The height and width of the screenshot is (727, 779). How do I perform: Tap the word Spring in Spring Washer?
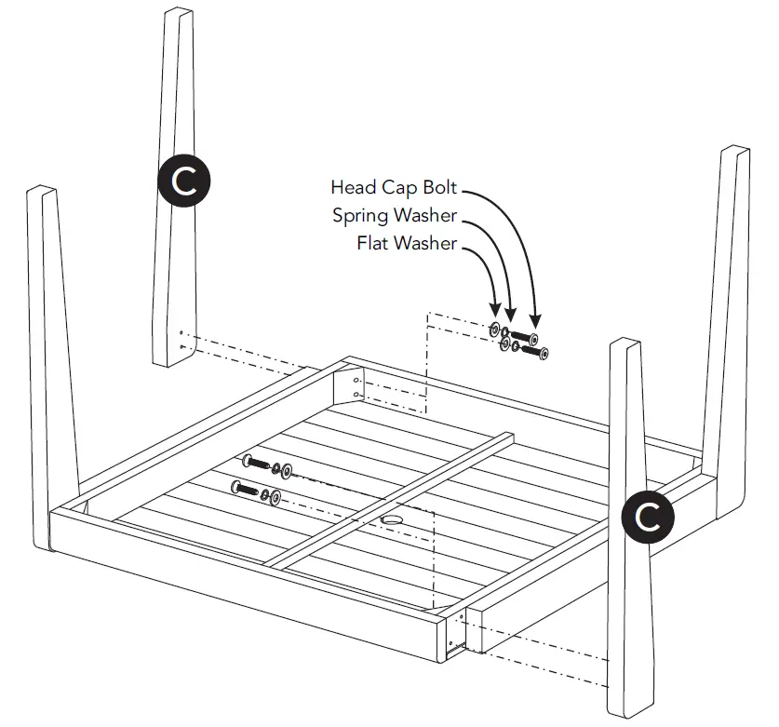[x=359, y=216]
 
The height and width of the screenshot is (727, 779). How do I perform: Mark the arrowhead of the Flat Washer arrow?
[x=494, y=317]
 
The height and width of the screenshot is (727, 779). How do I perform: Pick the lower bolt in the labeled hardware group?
[x=536, y=352]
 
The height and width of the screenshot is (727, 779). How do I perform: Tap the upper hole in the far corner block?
[x=358, y=382]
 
